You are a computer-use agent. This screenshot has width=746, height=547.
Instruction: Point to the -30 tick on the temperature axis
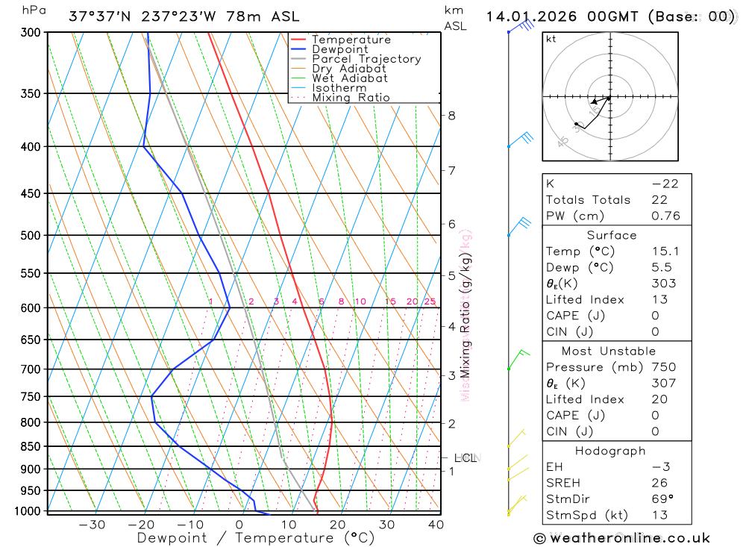pos(93,525)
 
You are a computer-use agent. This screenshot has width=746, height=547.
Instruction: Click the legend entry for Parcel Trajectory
pos(366,59)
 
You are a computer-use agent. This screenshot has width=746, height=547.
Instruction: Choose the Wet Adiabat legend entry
pos(350,78)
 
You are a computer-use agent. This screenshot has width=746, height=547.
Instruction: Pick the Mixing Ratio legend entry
pos(351,98)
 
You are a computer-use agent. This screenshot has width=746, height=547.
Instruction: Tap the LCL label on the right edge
pos(465,457)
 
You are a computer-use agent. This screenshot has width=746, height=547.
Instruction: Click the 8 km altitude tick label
pos(452,115)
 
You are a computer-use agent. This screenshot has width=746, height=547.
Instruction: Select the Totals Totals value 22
pos(659,200)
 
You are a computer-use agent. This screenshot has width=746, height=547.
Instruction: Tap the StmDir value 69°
pos(661,499)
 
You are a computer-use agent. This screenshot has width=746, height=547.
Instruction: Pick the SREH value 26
pos(659,484)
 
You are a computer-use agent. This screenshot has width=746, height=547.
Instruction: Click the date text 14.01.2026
pos(528,16)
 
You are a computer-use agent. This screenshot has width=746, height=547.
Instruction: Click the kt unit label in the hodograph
pos(551,39)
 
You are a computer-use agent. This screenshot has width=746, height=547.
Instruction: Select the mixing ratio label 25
pos(430,301)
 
